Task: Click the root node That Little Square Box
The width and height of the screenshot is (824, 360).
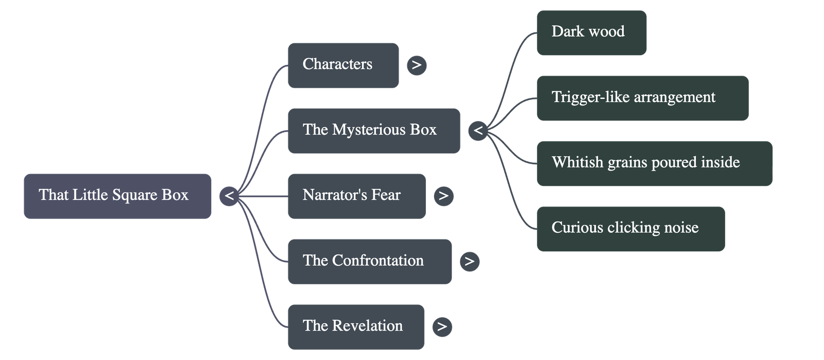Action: coord(117,196)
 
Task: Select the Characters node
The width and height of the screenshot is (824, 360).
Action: coord(343,65)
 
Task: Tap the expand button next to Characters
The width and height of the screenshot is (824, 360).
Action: coord(417,65)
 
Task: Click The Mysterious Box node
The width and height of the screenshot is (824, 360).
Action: coord(373,130)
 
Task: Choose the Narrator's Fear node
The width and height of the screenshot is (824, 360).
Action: coord(356,196)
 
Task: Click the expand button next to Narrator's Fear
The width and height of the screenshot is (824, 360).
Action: coord(443,196)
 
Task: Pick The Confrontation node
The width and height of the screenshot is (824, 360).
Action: coord(369,261)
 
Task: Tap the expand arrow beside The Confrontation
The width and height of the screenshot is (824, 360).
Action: coord(469,261)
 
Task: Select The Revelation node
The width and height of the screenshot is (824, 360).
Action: coord(356,326)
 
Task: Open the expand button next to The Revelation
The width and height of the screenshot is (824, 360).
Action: coord(442,327)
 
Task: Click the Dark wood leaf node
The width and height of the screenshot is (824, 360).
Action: coord(591,32)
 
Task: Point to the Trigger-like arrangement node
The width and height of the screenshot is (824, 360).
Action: coord(642,98)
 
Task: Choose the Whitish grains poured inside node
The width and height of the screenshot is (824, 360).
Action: coord(654,163)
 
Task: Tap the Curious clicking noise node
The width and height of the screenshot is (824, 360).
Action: coord(630,228)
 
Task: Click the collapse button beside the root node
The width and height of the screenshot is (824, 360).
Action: coord(229,196)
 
